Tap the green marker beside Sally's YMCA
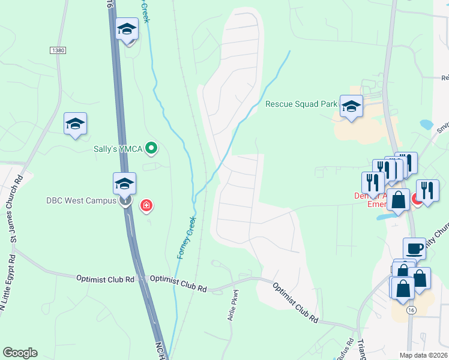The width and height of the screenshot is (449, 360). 152,148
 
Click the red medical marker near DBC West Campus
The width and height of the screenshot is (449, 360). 145,206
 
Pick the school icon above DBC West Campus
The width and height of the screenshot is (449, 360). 124,183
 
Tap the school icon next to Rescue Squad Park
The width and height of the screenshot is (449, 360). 351,106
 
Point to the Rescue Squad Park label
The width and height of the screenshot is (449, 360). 301,104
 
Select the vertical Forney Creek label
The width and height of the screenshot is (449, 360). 186,238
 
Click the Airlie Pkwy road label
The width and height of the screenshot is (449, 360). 235,306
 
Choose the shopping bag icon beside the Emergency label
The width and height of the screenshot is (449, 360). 398,200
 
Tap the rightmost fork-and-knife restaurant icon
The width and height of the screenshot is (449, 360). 427,190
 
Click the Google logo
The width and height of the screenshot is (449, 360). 19,353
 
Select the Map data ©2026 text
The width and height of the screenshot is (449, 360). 423,355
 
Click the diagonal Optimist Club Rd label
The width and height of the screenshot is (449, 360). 295,302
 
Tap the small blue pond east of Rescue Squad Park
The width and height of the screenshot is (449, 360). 426,125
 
